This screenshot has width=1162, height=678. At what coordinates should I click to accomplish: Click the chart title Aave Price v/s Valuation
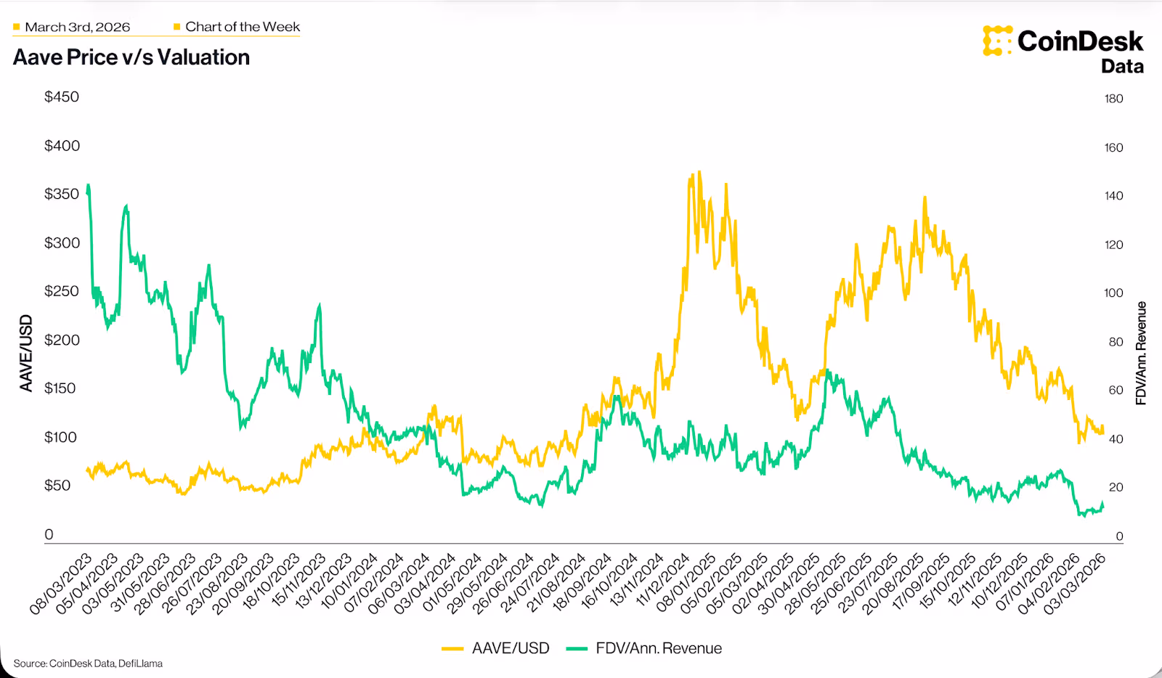tap(131, 57)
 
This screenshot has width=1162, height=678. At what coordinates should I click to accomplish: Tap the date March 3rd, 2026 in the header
tap(77, 27)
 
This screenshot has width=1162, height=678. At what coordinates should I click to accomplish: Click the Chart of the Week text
tap(242, 27)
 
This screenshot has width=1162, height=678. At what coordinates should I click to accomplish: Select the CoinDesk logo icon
tap(997, 41)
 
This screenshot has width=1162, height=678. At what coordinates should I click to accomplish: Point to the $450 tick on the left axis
tap(62, 97)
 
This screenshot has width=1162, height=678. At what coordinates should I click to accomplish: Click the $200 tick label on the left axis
tap(62, 340)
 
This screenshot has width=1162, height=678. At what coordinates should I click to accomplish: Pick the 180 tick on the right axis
tap(1113, 99)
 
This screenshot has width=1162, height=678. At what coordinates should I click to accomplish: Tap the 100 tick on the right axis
tap(1113, 293)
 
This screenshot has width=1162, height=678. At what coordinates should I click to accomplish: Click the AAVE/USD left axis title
tap(26, 354)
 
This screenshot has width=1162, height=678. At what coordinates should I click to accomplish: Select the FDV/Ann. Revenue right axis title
tap(1141, 354)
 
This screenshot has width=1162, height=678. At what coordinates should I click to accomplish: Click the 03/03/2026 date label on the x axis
tap(1076, 584)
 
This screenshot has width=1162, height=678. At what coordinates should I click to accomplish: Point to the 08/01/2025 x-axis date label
tap(687, 584)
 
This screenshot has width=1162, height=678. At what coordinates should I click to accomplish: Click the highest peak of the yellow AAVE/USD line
tap(699, 173)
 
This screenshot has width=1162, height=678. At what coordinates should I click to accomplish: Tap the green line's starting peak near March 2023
tap(89, 186)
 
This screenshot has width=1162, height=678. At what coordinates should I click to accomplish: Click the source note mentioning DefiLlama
tap(88, 663)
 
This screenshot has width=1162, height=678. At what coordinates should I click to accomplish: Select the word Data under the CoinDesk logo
tap(1122, 66)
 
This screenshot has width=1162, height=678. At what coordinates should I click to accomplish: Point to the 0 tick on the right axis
tap(1119, 536)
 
